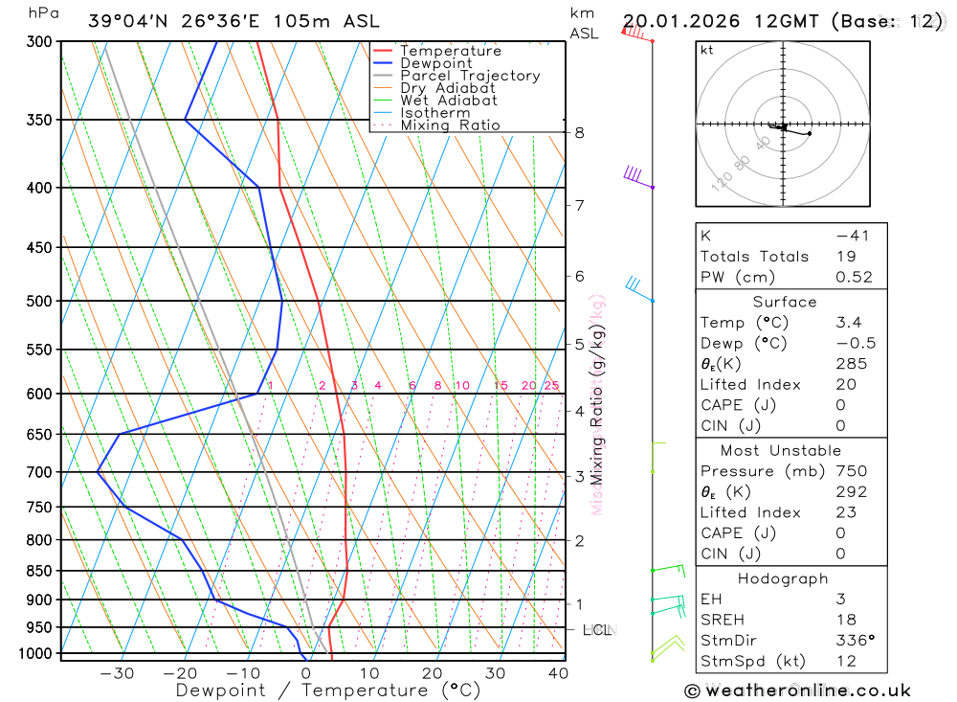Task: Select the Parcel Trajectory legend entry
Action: point(470,76)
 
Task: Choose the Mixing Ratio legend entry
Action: point(450,125)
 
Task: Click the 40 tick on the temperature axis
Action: point(558,672)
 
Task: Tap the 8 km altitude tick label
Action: point(579,132)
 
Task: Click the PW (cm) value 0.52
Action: point(854,277)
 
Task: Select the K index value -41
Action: point(852,236)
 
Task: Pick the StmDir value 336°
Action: point(855,641)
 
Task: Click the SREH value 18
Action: point(845,621)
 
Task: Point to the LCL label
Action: point(597,630)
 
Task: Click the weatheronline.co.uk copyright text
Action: point(797,690)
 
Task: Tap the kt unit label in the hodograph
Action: point(706,50)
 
